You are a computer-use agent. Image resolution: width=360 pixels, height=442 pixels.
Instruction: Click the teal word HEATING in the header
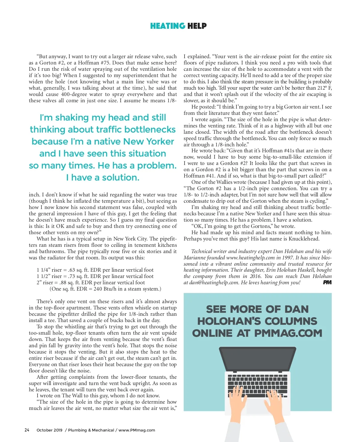click(167, 26)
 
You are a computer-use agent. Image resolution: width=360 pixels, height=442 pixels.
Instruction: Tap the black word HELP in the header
click(197, 26)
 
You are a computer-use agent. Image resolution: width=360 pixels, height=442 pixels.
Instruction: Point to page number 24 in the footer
click(27, 430)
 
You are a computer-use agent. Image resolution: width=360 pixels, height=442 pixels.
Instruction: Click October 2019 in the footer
click(49, 430)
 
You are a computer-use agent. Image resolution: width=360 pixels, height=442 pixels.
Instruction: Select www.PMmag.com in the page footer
click(137, 430)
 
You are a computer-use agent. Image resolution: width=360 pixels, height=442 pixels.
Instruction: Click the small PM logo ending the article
click(327, 282)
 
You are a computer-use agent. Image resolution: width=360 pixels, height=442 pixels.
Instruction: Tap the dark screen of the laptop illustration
click(257, 358)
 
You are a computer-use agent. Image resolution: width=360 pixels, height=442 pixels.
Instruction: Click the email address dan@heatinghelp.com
click(214, 283)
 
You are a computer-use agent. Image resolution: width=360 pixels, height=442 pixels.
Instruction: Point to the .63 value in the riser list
click(72, 270)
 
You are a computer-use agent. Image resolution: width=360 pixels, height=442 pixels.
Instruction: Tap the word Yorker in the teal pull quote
click(160, 142)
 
